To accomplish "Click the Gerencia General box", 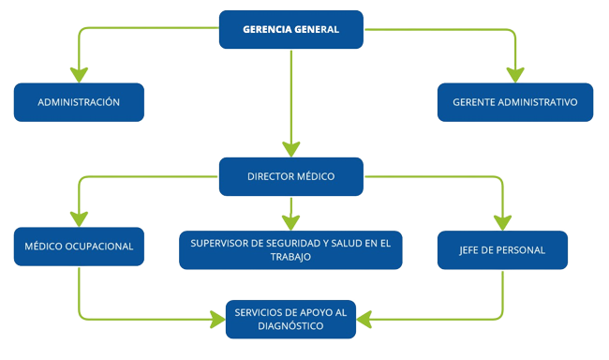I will [290, 29].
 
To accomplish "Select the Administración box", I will [79, 102].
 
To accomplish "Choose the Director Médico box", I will [290, 176].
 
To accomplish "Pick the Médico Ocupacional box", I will [79, 249].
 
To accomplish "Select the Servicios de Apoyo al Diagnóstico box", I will [290, 319].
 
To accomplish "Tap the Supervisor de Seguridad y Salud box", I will [290, 249].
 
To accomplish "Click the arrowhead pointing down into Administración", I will [79, 75].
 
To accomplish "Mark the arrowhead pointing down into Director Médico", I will [291, 148].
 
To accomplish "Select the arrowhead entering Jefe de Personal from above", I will [503, 222].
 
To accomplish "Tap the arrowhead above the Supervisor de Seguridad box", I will [291, 221].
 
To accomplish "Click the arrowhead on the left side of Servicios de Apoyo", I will [216, 319].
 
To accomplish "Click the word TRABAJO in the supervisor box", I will [290, 257].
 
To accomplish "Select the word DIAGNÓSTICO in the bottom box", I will [290, 326].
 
